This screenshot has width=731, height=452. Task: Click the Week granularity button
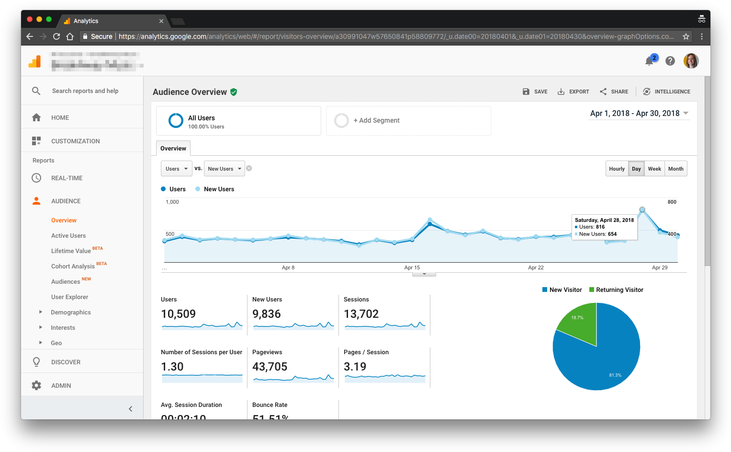(x=654, y=169)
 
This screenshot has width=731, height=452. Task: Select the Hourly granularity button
(x=617, y=169)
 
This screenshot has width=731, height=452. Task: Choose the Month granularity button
(x=675, y=169)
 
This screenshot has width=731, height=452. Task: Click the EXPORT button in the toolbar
(x=574, y=92)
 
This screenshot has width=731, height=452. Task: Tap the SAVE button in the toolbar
(x=535, y=92)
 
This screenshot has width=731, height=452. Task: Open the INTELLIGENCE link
(x=667, y=92)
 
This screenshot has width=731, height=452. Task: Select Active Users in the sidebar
(x=68, y=236)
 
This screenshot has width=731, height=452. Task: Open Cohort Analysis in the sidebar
(x=73, y=267)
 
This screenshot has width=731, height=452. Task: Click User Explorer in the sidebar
(x=69, y=297)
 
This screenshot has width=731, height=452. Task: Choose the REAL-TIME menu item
(x=67, y=178)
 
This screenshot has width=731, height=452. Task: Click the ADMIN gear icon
(x=36, y=385)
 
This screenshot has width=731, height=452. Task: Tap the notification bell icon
(x=649, y=61)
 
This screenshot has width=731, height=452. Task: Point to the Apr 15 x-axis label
(x=412, y=267)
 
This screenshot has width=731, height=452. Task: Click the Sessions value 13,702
(x=361, y=314)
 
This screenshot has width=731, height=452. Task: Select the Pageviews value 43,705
(x=270, y=367)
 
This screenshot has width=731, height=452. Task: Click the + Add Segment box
(x=408, y=121)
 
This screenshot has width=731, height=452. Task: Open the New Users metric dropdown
(x=224, y=169)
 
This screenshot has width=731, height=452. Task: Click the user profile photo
(x=691, y=61)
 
